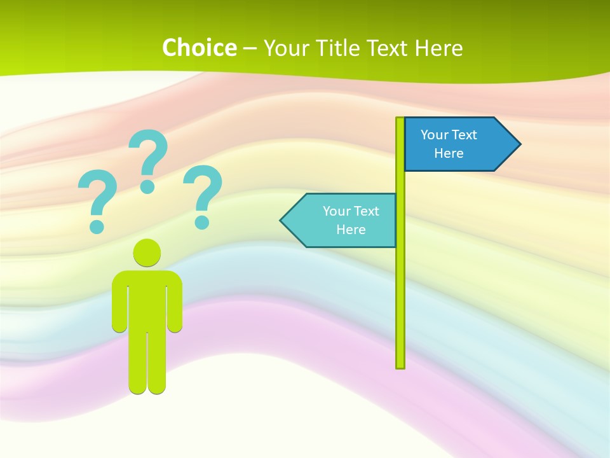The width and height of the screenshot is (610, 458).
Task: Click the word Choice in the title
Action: [199, 48]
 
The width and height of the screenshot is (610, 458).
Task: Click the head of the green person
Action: [147, 253]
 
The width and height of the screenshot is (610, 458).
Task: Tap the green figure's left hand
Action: [119, 325]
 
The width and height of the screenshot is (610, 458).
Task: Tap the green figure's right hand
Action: [175, 325]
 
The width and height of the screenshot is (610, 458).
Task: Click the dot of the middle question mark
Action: [147, 186]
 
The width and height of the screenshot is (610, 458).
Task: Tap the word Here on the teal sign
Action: [351, 230]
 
